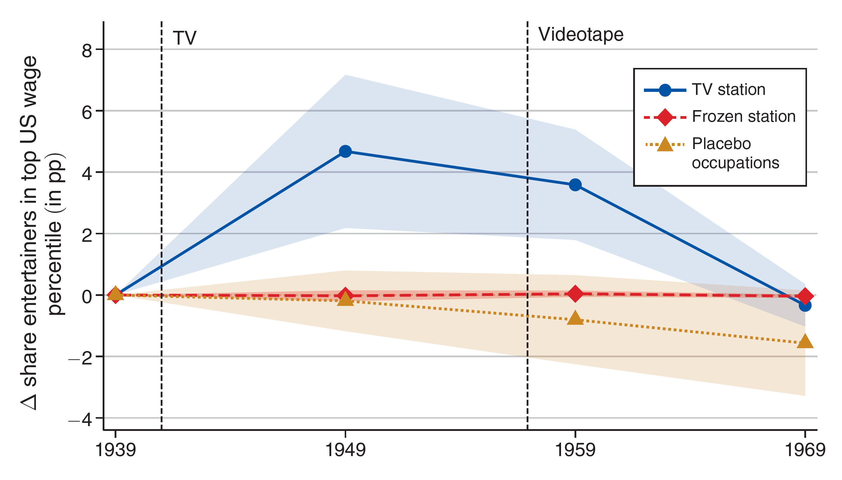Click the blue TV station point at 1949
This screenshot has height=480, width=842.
click(345, 151)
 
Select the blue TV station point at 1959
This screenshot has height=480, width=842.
click(575, 185)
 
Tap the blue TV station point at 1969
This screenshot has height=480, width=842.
click(805, 306)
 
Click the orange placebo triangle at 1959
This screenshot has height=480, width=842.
click(575, 318)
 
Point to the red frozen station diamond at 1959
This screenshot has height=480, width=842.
click(575, 293)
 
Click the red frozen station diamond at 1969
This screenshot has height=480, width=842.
click(805, 296)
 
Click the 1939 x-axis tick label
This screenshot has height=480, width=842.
click(115, 450)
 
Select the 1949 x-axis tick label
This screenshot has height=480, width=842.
click(345, 450)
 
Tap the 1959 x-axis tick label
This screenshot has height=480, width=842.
click(575, 450)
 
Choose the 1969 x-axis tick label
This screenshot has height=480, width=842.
click(805, 450)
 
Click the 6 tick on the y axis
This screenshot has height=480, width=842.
click(87, 113)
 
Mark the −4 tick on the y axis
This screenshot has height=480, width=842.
click(80, 420)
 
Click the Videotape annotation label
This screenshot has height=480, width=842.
click(581, 34)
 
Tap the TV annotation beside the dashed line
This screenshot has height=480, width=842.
click(185, 38)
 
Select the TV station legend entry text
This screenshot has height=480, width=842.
click(728, 90)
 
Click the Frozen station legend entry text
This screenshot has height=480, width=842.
click(744, 116)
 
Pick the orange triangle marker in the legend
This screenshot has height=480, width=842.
click(665, 145)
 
